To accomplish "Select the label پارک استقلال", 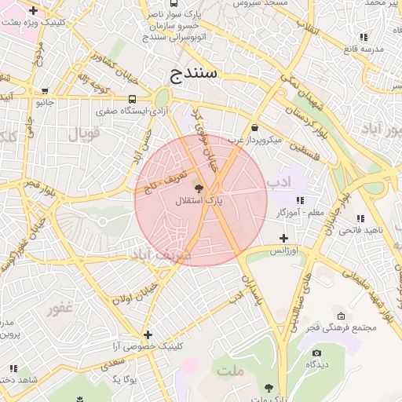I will pos(199,201).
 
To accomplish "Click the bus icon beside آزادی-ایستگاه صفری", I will pos(132,100).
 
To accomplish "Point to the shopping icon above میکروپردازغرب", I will pos(254,128).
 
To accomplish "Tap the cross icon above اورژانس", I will pos(283,238).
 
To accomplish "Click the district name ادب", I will pos(280,183).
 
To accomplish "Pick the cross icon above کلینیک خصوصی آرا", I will pos(148,334).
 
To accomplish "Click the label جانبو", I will pos(46,101).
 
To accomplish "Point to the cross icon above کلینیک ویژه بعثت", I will pos(32,11).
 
